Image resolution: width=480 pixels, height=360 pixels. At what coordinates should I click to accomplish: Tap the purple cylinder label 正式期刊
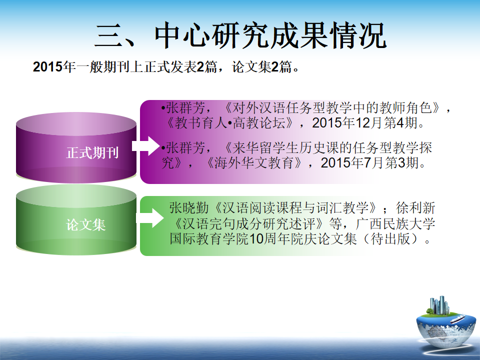pos(92,152)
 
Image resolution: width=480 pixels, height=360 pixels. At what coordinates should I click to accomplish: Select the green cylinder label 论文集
pos(86,224)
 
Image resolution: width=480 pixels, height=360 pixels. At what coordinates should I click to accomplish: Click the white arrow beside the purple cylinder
pos(146,146)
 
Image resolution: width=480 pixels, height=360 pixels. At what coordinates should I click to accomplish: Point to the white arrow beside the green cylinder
pos(150,218)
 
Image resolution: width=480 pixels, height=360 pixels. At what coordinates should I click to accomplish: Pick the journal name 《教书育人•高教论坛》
pos(229,123)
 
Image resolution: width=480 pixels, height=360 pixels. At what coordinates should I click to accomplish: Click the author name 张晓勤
pos(189,208)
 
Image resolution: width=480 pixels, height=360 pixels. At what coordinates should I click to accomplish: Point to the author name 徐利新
pos(415,208)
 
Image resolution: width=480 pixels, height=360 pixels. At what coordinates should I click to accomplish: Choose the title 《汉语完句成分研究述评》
pos(249,223)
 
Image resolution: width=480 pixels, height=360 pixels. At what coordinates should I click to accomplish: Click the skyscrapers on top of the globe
pos(439,305)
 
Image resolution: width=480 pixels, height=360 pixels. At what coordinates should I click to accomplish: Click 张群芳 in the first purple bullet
pos(185,108)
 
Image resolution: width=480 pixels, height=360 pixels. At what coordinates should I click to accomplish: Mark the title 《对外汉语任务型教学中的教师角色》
pos(332,108)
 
